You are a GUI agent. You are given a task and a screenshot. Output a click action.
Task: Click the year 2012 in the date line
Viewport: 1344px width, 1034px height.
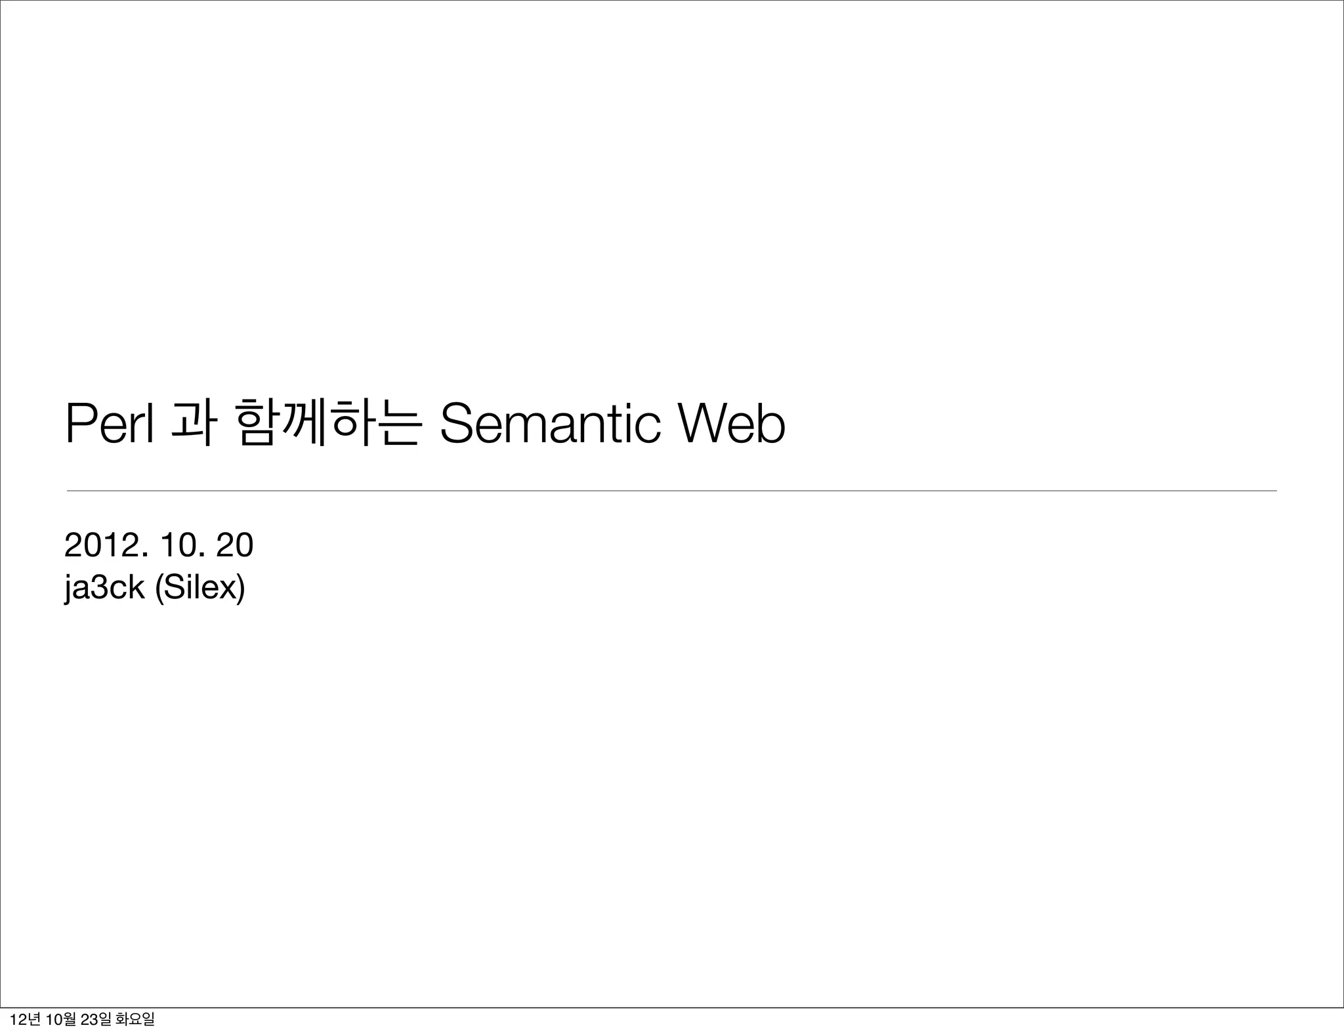(101, 545)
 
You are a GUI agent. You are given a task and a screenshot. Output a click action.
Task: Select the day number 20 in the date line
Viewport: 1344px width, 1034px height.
(234, 545)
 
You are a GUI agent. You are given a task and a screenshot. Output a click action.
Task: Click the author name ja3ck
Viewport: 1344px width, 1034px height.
(104, 587)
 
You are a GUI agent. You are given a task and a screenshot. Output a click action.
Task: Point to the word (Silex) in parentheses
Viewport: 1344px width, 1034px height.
(199, 587)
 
